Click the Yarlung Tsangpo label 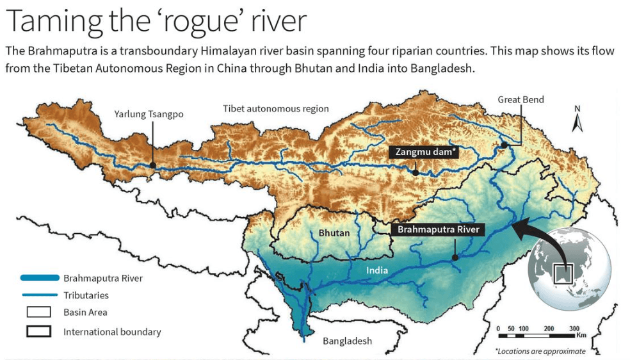[x=149, y=114]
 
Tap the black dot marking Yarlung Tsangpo [x=152, y=165]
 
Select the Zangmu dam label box [x=423, y=152]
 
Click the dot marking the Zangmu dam [x=416, y=172]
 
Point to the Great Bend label [x=521, y=99]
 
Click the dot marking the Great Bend [x=505, y=145]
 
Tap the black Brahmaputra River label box [x=439, y=229]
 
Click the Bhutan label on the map [x=334, y=233]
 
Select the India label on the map [x=377, y=270]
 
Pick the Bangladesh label [x=347, y=341]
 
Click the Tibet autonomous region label [x=276, y=109]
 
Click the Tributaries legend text [x=86, y=295]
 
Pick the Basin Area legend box [x=39, y=313]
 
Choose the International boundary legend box [x=39, y=332]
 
